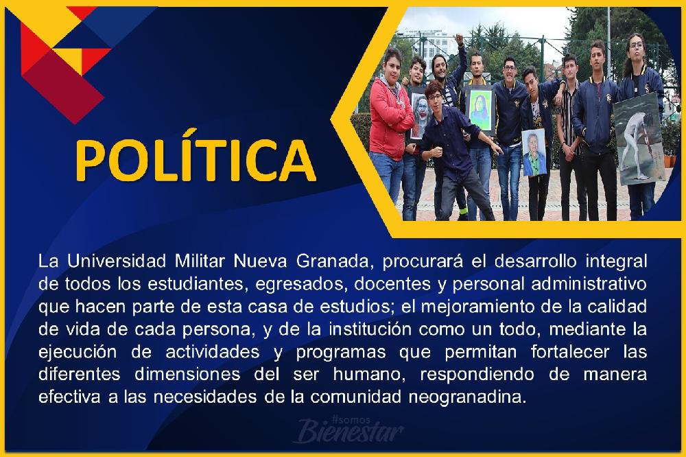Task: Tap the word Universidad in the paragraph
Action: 117,261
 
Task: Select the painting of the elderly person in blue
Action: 534,152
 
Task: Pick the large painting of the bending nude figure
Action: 638,139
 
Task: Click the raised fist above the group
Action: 458,38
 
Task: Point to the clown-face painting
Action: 419,114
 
